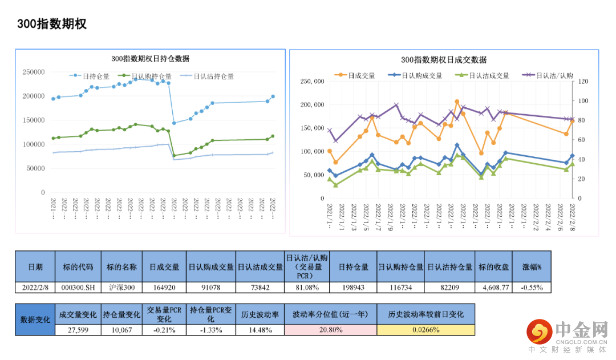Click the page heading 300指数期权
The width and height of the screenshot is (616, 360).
click(x=51, y=24)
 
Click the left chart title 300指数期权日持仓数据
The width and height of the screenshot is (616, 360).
click(x=150, y=59)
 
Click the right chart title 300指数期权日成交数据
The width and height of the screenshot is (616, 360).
click(x=444, y=60)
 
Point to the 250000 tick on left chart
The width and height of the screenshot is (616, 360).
click(x=34, y=72)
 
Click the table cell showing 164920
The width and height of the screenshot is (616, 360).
click(x=164, y=288)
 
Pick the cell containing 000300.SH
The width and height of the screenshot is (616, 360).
click(x=78, y=288)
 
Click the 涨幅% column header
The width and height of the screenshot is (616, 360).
click(x=532, y=267)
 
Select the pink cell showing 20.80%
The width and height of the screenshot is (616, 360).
click(x=330, y=330)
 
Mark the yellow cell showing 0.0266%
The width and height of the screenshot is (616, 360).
click(x=425, y=330)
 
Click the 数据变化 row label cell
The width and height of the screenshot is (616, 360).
click(x=35, y=319)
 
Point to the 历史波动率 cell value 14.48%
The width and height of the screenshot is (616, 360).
click(x=260, y=330)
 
